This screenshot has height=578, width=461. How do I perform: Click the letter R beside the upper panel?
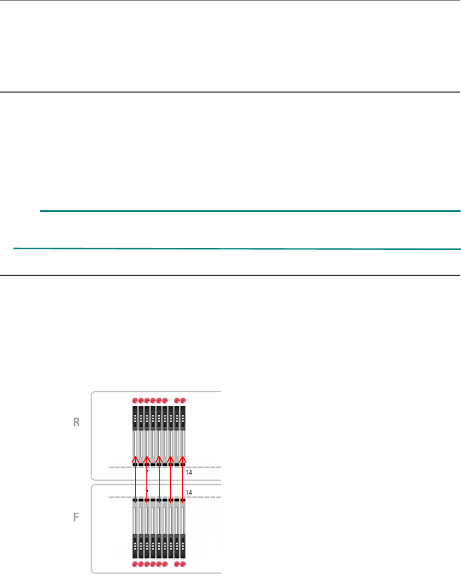pyautogui.click(x=76, y=423)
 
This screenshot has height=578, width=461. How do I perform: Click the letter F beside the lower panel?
pyautogui.click(x=76, y=516)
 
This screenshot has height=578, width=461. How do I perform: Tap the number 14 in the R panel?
pyautogui.click(x=189, y=473)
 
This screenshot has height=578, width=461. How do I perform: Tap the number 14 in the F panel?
pyautogui.click(x=189, y=492)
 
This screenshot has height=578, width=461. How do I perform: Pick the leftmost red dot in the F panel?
pyautogui.click(x=135, y=564)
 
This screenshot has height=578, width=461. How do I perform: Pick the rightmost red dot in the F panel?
pyautogui.click(x=183, y=564)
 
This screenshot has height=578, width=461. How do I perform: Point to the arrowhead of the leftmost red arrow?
pyautogui.click(x=135, y=458)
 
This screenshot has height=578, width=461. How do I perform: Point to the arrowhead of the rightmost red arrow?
pyautogui.click(x=182, y=458)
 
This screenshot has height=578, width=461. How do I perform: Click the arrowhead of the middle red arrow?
pyautogui.click(x=159, y=458)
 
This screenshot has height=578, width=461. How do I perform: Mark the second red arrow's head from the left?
pyautogui.click(x=147, y=458)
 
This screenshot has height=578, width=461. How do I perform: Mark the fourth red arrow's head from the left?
pyautogui.click(x=171, y=458)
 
